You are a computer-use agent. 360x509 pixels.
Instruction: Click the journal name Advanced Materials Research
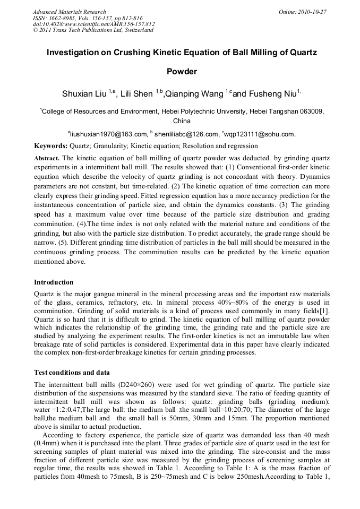tap(69, 12)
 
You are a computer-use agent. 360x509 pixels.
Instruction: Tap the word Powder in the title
tap(182, 72)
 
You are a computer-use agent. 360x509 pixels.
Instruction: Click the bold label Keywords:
tap(50, 146)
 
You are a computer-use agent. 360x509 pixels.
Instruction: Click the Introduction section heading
tap(54, 282)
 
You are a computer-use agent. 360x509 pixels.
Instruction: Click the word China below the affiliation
tap(182, 122)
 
